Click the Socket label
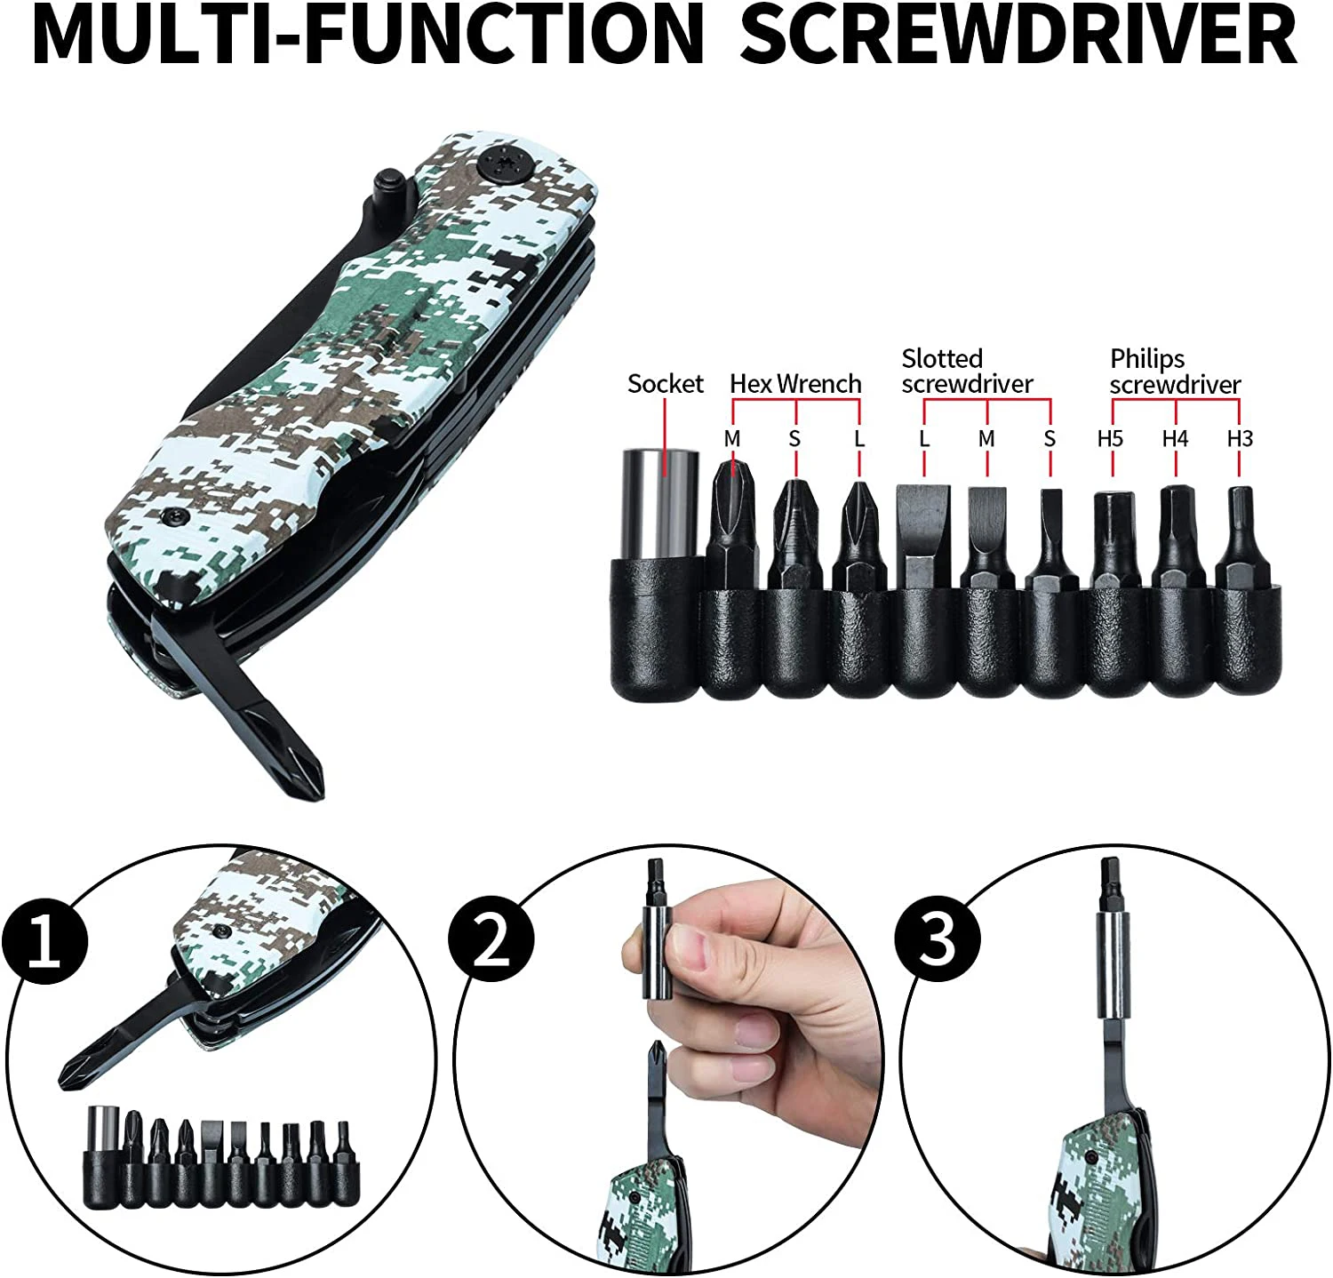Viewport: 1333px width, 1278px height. [665, 384]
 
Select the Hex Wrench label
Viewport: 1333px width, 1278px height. [795, 384]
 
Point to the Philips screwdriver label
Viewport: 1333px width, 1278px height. [1174, 371]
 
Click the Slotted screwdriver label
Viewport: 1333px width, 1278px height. [967, 371]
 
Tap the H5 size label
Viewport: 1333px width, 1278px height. [1110, 438]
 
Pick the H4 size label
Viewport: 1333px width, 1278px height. [1175, 438]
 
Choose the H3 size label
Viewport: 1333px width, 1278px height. [1240, 438]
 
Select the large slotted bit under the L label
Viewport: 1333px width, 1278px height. [923, 533]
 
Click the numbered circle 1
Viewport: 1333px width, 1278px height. [44, 940]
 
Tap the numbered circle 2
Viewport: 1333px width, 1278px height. [491, 940]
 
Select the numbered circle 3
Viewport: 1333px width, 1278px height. [938, 940]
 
